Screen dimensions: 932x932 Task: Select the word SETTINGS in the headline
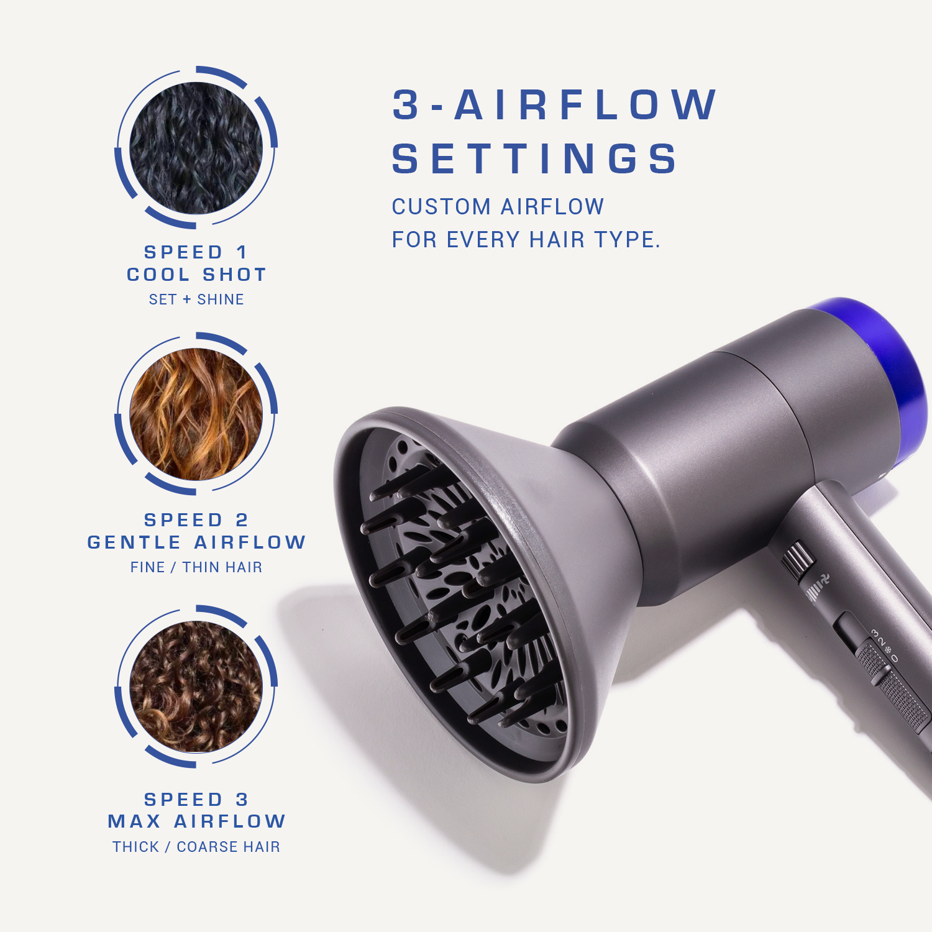534,158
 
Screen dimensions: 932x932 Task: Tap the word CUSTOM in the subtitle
441,207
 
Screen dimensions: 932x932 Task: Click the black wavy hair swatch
196,148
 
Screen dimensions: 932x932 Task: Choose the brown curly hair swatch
196,686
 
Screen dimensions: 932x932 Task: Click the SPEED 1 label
196,252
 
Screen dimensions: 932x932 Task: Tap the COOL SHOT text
196,275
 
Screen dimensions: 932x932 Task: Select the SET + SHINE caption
196,299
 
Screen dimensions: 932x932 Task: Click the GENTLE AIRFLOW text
196,542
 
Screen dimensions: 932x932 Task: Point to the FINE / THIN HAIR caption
196,567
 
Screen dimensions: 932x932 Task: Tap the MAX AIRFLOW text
196,821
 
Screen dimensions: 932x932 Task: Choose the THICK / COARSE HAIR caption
196,847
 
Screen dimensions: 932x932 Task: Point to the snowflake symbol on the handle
888,651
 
